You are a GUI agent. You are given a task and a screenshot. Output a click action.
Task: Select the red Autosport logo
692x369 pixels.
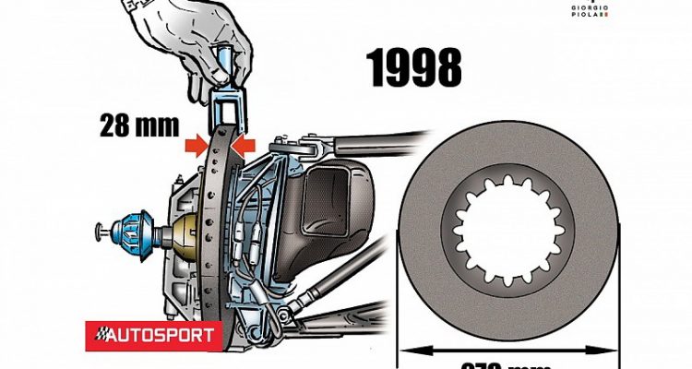point(153,334)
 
